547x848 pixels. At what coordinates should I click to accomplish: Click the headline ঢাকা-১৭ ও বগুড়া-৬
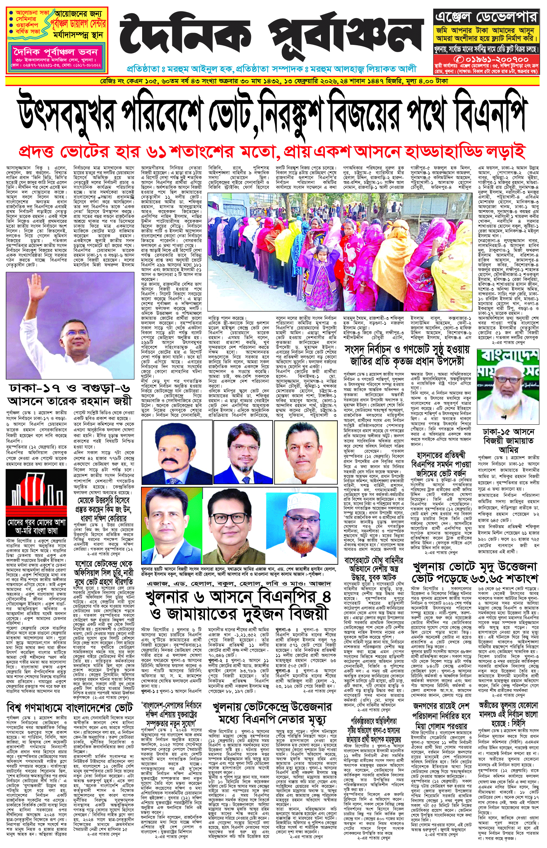click(x=70, y=388)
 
